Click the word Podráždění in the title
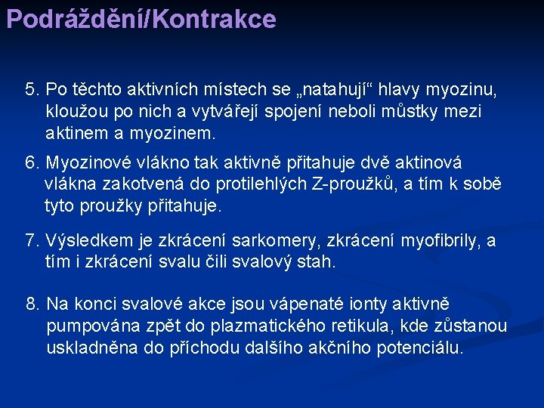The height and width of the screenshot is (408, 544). pos(76,18)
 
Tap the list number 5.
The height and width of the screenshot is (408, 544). pos(32,90)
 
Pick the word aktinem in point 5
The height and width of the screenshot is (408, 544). pos(74,134)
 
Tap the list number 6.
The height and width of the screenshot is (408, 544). pos(32,162)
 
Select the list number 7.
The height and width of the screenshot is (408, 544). pos(32,241)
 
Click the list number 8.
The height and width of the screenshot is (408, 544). pos(32,304)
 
